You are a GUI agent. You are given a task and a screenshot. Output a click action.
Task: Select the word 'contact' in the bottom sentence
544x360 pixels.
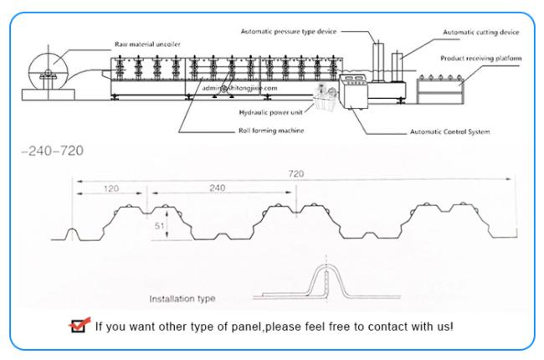click(387, 326)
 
